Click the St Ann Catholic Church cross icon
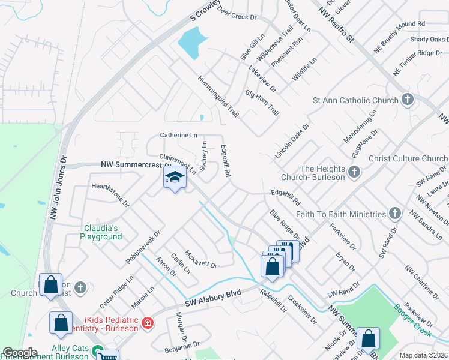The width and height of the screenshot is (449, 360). tap(408, 100)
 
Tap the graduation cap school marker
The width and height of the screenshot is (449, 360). tap(175, 178)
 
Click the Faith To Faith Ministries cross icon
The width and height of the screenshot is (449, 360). tap(394, 213)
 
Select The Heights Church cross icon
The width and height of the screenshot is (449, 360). tap(354, 173)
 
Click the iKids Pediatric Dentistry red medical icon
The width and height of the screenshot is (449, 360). tap(147, 324)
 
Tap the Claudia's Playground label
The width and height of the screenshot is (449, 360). tap(101, 232)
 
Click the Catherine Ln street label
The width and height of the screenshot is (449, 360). tap(178, 136)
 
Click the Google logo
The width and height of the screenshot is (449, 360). tap(19, 353)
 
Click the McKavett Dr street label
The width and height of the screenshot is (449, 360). tap(200, 259)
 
